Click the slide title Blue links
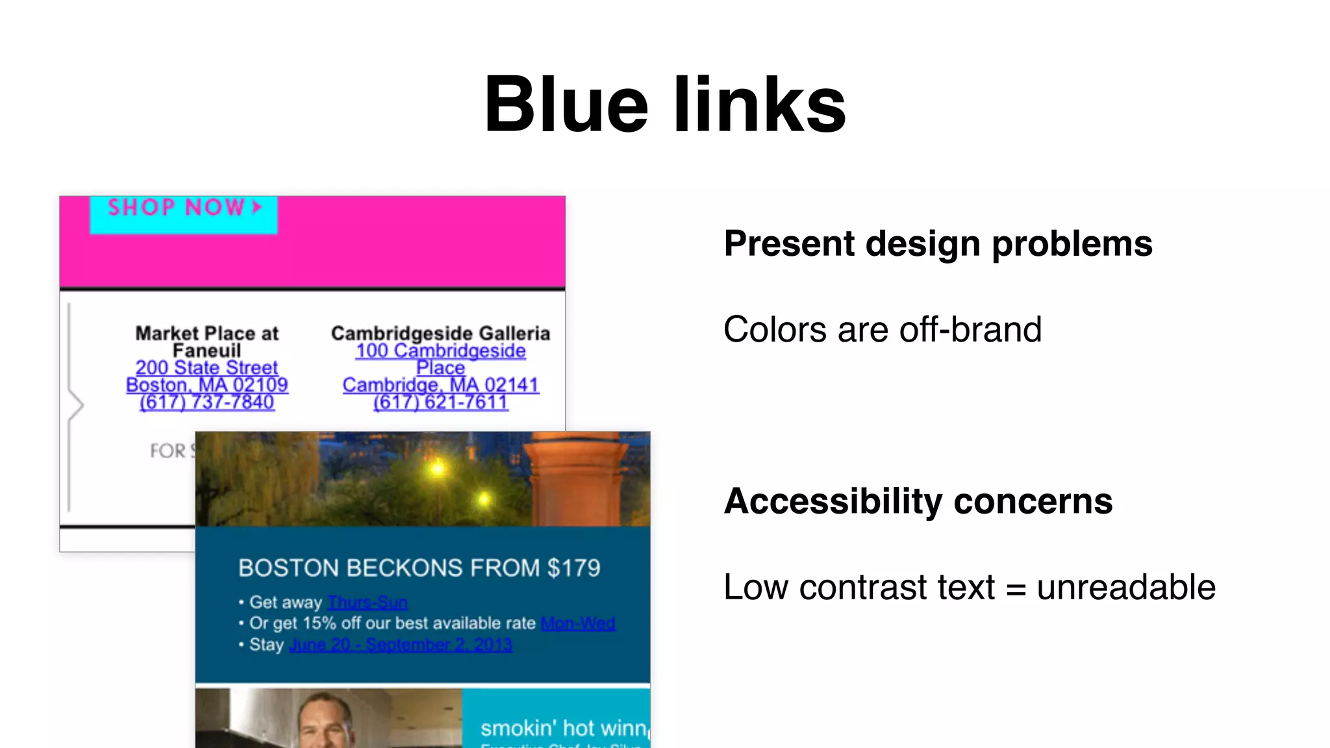tap(665, 104)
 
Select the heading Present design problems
tap(938, 244)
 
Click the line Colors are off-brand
tap(882, 329)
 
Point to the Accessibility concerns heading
tap(918, 501)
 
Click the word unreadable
tap(1125, 587)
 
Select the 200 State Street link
tap(207, 368)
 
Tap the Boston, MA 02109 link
tap(207, 385)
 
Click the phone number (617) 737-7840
tap(207, 403)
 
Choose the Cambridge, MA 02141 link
tap(440, 385)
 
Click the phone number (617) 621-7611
tap(440, 403)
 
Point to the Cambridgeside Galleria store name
tap(440, 333)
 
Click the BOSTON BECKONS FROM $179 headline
tap(419, 568)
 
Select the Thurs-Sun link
tap(368, 603)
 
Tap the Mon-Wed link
tap(578, 623)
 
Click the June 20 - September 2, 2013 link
tap(401, 645)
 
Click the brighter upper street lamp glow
tap(438, 467)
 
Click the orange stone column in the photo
tap(575, 480)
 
